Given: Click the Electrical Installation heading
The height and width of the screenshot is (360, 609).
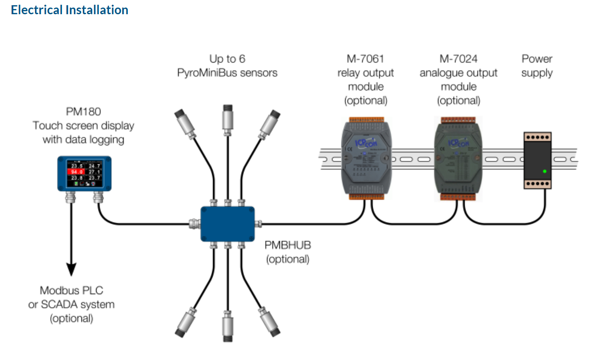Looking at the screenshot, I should click(x=70, y=10).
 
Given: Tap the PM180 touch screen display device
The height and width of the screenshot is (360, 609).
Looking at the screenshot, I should click(x=84, y=173).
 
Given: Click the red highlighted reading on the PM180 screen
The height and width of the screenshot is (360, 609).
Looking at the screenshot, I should click(x=76, y=171).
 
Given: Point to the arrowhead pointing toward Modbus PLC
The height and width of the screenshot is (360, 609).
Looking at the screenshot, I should click(x=71, y=269).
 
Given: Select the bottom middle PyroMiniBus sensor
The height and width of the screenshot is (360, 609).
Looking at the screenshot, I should click(x=228, y=325).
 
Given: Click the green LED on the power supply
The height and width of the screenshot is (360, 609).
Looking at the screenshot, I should click(x=545, y=171).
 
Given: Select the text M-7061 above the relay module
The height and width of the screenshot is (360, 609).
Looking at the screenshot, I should click(x=365, y=59).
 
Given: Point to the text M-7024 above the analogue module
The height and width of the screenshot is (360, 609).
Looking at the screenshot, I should click(x=458, y=59).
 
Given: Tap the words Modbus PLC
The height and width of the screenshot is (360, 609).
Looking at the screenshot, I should click(x=72, y=290).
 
